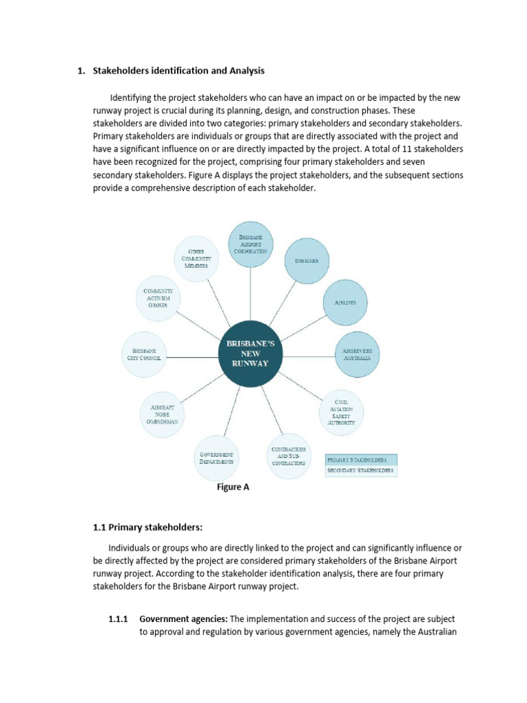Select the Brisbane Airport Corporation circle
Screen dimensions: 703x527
[250, 244]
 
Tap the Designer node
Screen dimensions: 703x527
[302, 261]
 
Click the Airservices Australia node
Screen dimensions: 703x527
[356, 355]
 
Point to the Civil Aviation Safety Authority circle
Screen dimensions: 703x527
[342, 412]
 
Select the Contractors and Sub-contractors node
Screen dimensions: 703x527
[288, 455]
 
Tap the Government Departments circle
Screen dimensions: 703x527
[217, 458]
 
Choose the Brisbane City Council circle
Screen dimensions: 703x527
[144, 355]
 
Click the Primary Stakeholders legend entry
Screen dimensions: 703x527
[361, 459]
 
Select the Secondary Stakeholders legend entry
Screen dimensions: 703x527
[361, 471]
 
